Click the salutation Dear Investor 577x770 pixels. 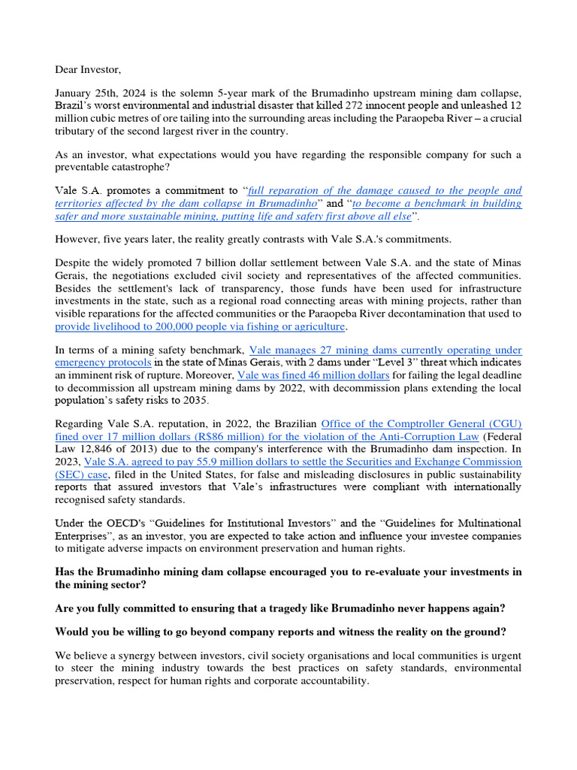point(87,70)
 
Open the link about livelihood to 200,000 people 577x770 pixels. point(200,326)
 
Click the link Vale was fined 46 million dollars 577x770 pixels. point(313,374)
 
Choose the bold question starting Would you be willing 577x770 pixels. point(282,633)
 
